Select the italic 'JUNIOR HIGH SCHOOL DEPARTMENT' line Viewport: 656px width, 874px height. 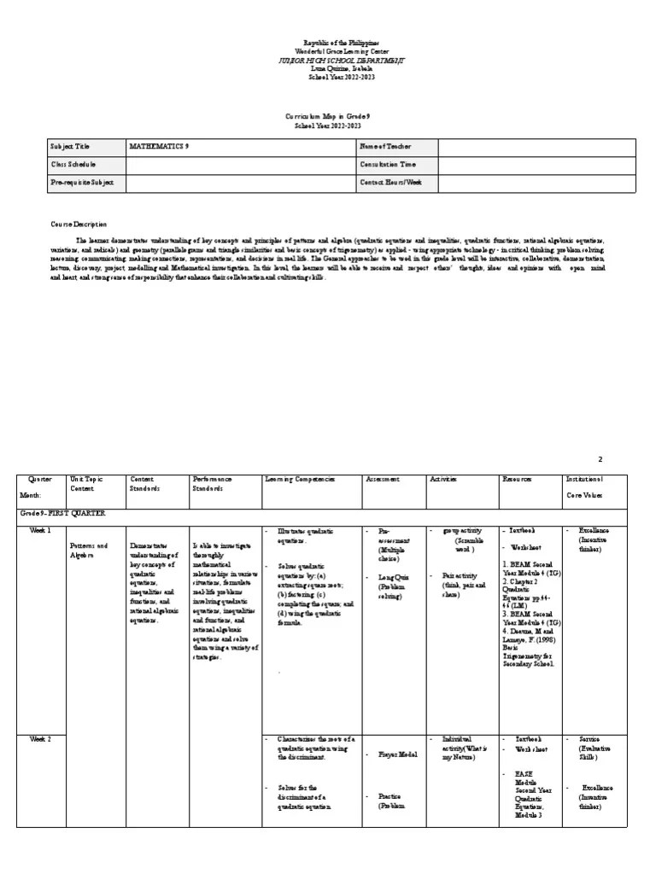coord(329,60)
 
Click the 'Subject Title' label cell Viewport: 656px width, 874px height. coord(70,147)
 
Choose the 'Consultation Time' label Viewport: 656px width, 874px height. coord(389,165)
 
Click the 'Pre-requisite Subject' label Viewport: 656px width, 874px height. coord(76,183)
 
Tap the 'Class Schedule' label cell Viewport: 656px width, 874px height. coord(73,165)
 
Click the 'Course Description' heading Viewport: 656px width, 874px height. coord(79,224)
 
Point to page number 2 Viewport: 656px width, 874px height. coord(624,458)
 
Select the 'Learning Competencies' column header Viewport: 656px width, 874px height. coord(300,480)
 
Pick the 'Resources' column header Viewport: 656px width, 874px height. coord(517,480)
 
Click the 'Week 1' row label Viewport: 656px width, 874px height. coord(41,531)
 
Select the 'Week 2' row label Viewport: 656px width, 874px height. coord(41,739)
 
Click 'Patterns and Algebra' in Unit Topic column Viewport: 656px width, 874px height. coord(89,551)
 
